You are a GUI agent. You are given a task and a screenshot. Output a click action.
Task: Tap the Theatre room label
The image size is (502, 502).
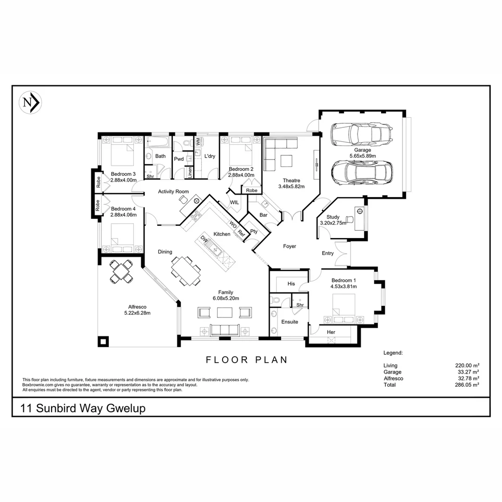(291, 180)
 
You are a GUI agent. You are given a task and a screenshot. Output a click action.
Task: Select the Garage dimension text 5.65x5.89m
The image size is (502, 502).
(363, 156)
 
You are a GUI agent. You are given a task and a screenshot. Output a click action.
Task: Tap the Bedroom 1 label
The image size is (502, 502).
(343, 280)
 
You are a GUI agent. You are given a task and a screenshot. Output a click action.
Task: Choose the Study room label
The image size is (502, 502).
(333, 217)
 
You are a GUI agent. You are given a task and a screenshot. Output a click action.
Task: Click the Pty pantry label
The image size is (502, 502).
(254, 231)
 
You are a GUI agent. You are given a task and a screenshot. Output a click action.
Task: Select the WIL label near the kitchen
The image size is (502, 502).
(234, 203)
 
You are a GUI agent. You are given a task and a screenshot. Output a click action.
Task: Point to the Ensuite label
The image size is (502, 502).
(290, 322)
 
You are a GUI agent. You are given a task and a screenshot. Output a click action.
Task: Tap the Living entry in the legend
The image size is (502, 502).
(390, 366)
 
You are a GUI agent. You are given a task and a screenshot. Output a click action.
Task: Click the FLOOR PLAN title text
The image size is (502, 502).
(247, 359)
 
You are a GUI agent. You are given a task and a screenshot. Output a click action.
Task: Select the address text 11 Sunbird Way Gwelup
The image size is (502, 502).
(83, 409)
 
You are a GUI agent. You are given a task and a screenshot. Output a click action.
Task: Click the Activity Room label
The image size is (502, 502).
(173, 192)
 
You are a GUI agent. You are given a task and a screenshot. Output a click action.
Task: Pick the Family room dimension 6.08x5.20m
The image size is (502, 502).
(225, 298)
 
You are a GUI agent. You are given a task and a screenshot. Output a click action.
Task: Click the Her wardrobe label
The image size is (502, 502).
(331, 332)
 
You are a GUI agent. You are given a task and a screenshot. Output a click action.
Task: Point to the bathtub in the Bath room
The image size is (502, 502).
(158, 141)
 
